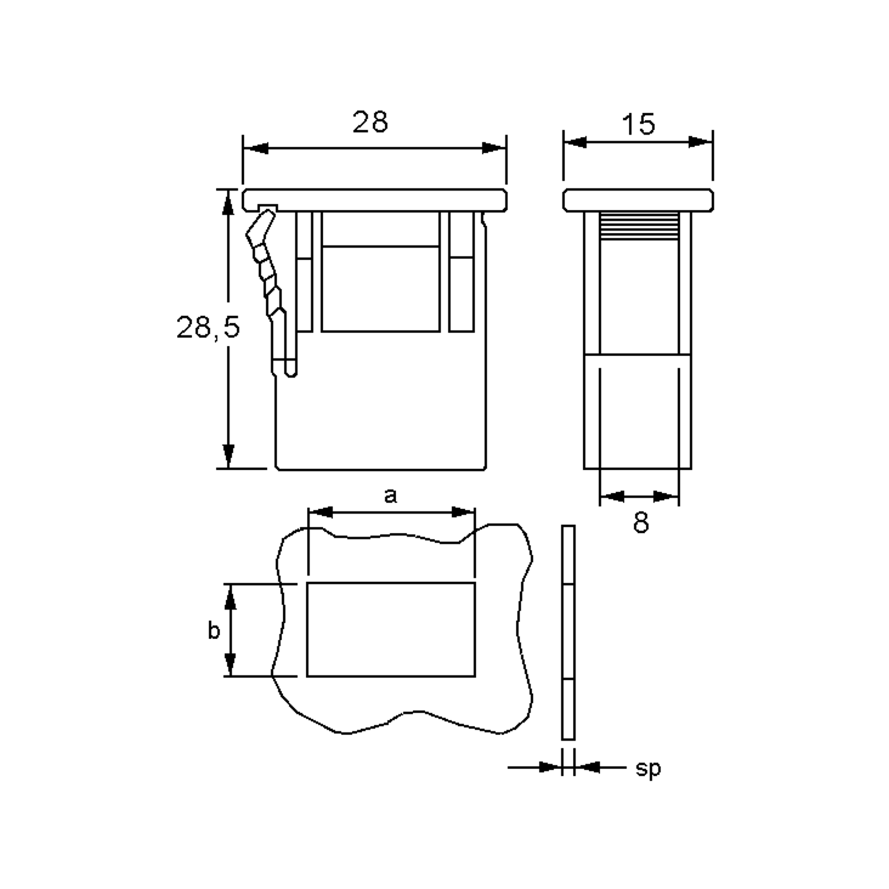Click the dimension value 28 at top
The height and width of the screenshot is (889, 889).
[x=370, y=122]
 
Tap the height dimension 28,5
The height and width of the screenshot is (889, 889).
[x=208, y=327]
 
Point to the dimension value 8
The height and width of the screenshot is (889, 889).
[x=640, y=523]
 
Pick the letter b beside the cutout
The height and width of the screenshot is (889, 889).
[x=214, y=630]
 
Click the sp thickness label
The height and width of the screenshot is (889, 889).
[x=648, y=769]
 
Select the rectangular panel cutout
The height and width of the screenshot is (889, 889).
[x=391, y=629]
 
